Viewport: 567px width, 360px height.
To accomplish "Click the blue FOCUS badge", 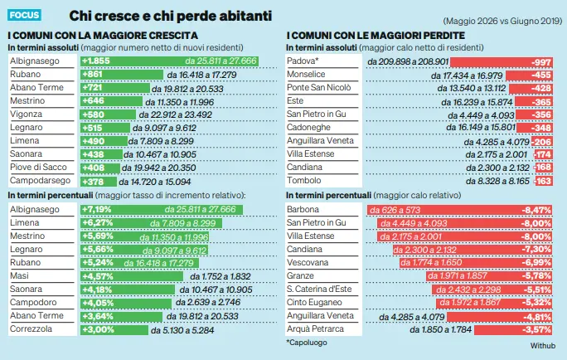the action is click(24, 15).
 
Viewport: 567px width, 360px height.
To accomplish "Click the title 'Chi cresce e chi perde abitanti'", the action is click(170, 16).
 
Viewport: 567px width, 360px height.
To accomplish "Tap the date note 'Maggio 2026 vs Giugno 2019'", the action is click(502, 21).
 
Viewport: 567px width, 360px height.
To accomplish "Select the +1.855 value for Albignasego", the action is click(96, 61).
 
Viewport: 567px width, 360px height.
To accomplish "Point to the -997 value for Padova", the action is click(541, 62).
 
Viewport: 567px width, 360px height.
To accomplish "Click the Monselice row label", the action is click(306, 74).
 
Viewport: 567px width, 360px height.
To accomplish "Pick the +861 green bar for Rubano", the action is click(122, 75).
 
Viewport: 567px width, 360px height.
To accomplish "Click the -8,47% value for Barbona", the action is click(536, 210).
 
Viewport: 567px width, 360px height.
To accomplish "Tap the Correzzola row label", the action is click(31, 328).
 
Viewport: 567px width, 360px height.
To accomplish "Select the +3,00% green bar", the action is click(114, 329).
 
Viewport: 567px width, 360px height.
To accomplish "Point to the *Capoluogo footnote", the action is click(307, 343).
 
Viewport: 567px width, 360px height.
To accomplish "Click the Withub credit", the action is click(543, 346).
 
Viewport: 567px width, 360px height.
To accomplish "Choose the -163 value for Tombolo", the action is click(543, 181).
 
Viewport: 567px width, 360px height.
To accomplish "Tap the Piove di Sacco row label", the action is click(38, 168).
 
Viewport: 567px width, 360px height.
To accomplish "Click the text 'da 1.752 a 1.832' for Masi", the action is click(220, 276).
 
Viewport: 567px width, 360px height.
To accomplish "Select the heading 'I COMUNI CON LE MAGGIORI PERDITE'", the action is click(376, 36).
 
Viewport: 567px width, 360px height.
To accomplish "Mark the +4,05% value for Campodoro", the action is click(98, 303).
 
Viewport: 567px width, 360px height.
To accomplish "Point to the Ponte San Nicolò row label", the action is click(319, 88).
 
